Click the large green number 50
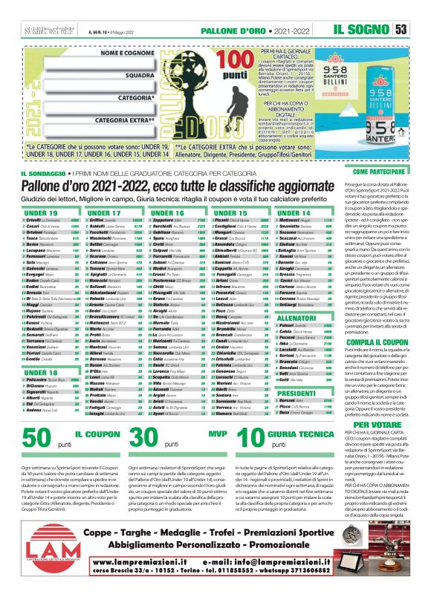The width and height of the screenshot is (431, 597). coord(53,437)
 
